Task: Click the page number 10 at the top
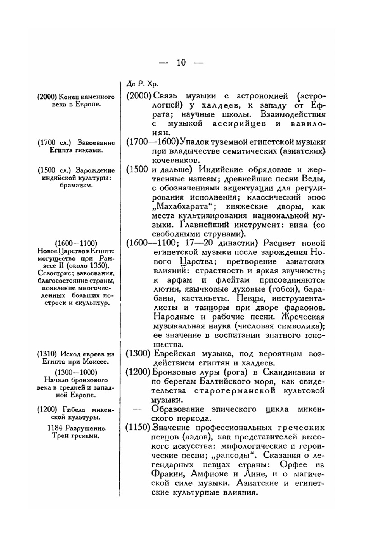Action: tap(181, 62)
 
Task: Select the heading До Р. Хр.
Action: tap(141, 84)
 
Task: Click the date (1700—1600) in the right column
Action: tap(152, 142)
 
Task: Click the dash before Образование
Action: tap(138, 409)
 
